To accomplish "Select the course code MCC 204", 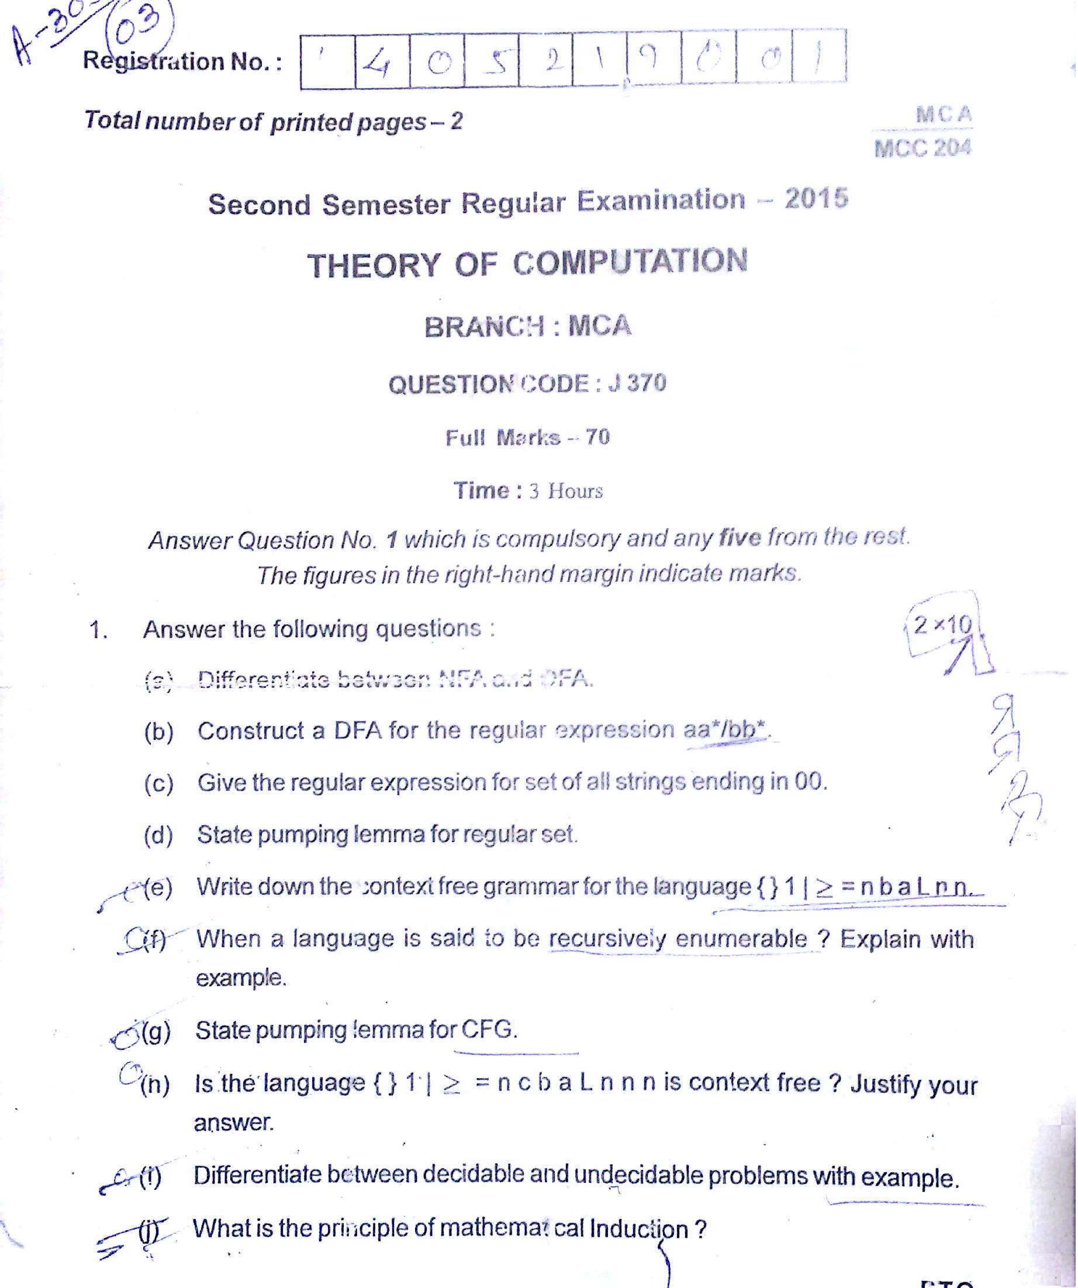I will [x=922, y=148].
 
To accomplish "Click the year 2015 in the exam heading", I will [x=816, y=198].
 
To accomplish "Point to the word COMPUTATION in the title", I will [x=630, y=262].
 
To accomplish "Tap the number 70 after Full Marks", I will [x=597, y=437].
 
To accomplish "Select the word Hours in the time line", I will [x=575, y=491].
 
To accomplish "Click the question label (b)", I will [x=158, y=732].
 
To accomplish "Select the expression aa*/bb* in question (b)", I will [x=725, y=729].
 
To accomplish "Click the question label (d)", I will [x=158, y=835].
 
